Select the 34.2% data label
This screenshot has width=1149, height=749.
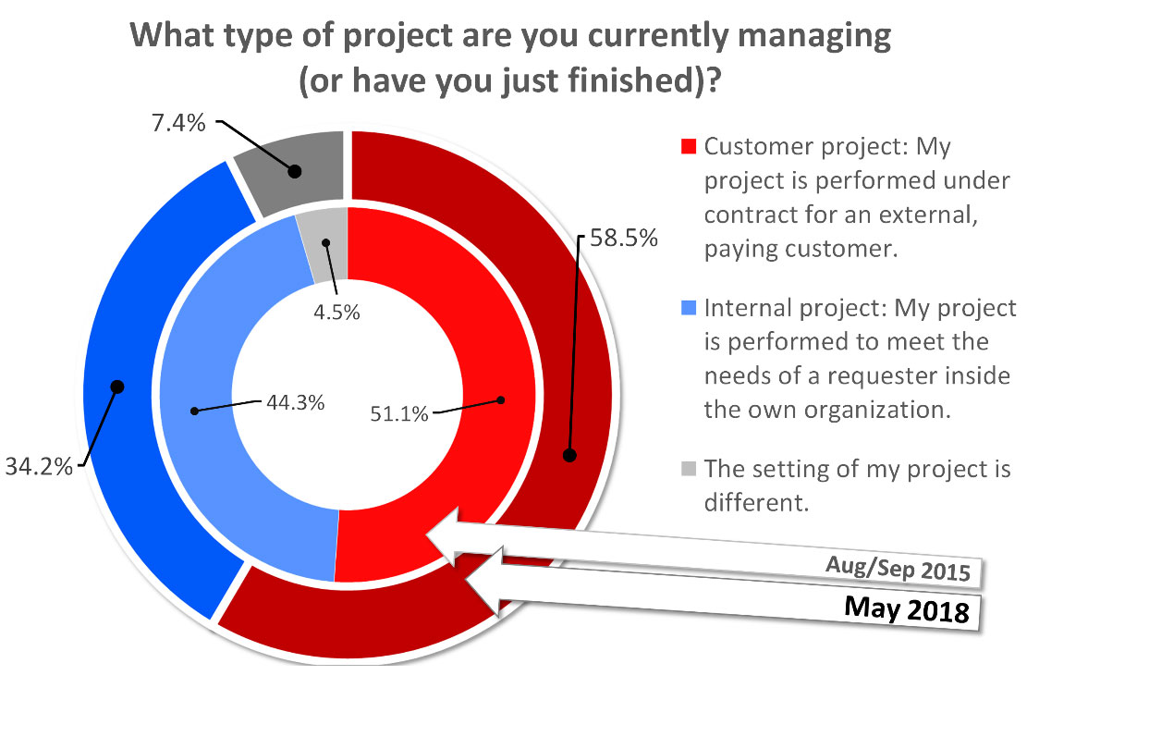coord(38,466)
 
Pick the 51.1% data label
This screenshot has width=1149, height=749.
coord(399,413)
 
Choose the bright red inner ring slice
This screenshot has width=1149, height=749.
coord(481,351)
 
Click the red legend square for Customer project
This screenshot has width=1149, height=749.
coord(688,147)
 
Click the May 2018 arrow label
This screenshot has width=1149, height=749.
coord(907,610)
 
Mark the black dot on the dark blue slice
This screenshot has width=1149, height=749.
coord(117,386)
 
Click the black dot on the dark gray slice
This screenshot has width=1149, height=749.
coord(294,170)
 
